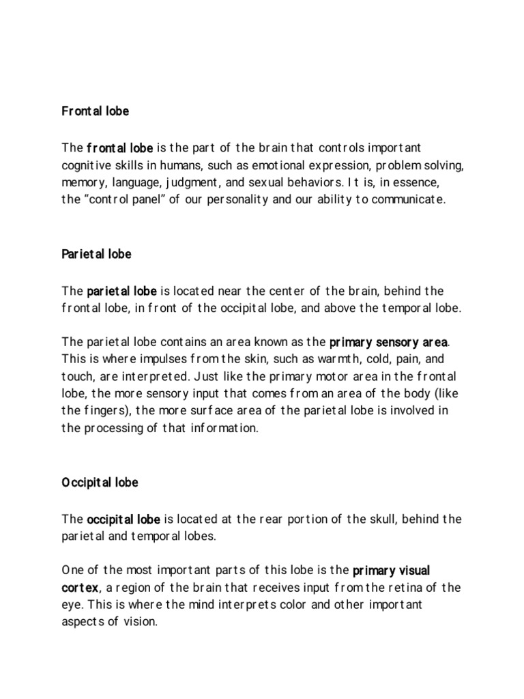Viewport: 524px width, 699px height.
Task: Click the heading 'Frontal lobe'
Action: [95, 111]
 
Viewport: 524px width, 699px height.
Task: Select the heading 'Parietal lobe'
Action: [96, 254]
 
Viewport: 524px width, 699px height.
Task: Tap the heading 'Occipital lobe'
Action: [100, 482]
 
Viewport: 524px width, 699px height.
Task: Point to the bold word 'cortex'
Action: [81, 587]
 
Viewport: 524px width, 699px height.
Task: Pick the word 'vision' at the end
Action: [139, 623]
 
